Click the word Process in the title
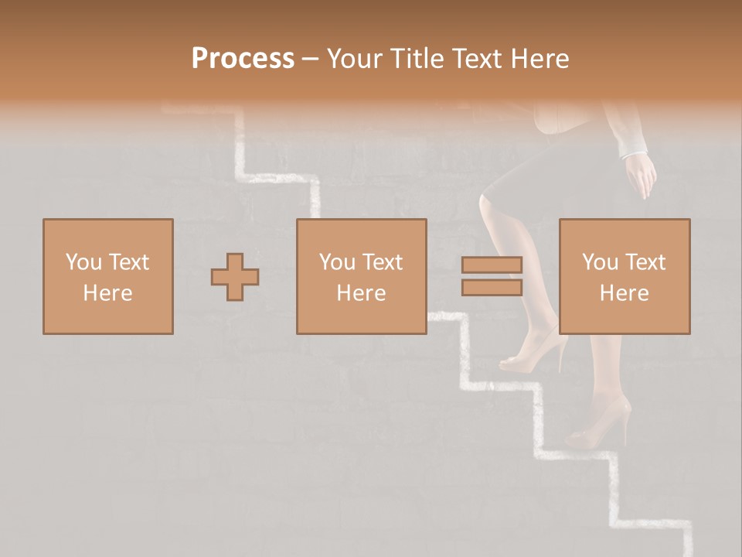(243, 59)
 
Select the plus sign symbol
(235, 277)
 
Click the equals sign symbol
(492, 276)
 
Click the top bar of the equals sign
(492, 265)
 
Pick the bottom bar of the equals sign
(492, 288)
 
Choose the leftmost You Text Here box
(107, 276)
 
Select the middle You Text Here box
(361, 276)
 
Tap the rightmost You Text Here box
(624, 276)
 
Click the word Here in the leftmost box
(107, 293)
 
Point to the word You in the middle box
(337, 262)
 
